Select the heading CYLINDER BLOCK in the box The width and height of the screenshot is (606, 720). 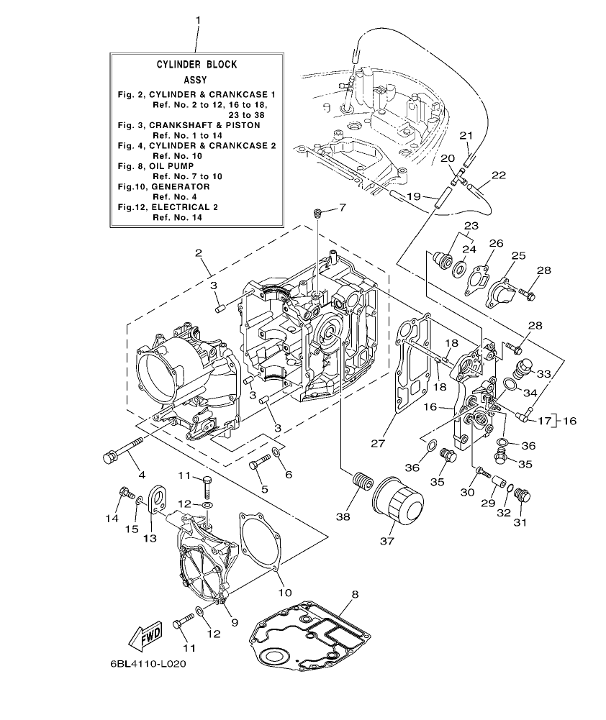[x=196, y=64]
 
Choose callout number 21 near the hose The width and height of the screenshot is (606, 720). [x=466, y=135]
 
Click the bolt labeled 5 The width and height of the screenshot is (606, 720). [x=258, y=465]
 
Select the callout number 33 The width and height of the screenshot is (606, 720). [x=543, y=374]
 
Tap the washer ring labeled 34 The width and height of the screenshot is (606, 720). [x=508, y=385]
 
